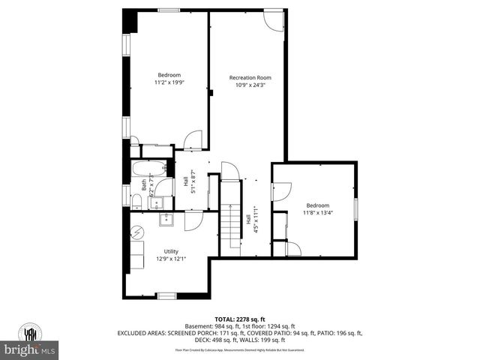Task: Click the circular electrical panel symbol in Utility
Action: [137, 233]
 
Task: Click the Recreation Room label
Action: [250, 77]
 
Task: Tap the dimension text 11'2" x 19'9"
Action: [169, 82]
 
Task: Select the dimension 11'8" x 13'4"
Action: [317, 212]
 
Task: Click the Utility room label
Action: [172, 251]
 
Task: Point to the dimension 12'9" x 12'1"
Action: [171, 259]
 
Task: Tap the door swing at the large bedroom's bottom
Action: [193, 139]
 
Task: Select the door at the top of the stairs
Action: [230, 172]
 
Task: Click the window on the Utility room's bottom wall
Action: [166, 296]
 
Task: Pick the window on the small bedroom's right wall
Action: [357, 207]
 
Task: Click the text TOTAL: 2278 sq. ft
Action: [240, 319]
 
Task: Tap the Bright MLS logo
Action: [30, 349]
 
